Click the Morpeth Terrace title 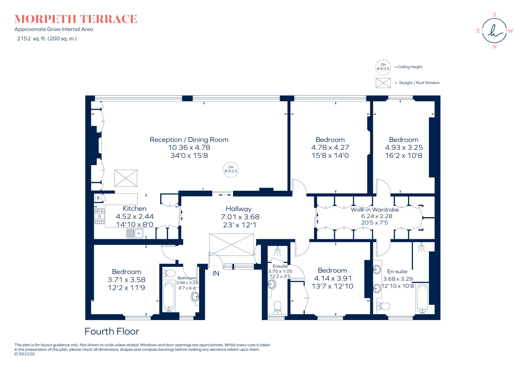76,19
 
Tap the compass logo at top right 494,31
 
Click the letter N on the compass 494,47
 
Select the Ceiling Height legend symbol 383,67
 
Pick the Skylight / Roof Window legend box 383,83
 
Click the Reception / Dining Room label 189,140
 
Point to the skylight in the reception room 126,178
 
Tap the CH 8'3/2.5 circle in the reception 231,169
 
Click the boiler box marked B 98,198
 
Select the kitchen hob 100,216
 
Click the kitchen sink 135,233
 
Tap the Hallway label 239,209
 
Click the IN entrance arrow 216,266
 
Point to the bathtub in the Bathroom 169,296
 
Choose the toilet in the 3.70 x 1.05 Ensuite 278,307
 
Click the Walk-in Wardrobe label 375,210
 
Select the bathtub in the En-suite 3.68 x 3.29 422,298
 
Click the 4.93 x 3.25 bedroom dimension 404,148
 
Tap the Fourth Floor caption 112,331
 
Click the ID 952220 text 24,354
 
